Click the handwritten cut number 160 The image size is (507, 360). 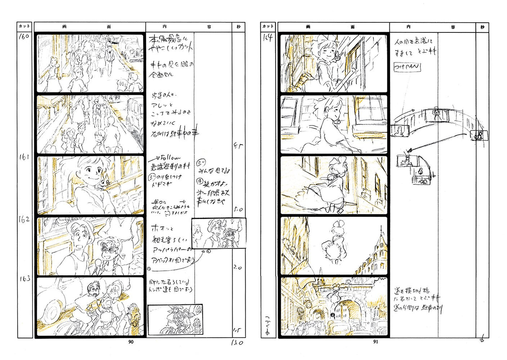pos(24,36)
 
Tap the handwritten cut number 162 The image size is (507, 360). pos(24,219)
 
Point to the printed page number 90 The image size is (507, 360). pos(131,342)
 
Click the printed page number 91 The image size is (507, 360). pos(375,342)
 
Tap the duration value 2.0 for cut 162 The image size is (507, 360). pos(237,268)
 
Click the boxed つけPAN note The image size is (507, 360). pos(407,67)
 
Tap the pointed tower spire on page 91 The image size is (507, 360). pos(380,234)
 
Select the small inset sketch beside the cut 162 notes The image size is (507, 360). pos(219,233)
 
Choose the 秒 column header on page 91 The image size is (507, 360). pos(482,27)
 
